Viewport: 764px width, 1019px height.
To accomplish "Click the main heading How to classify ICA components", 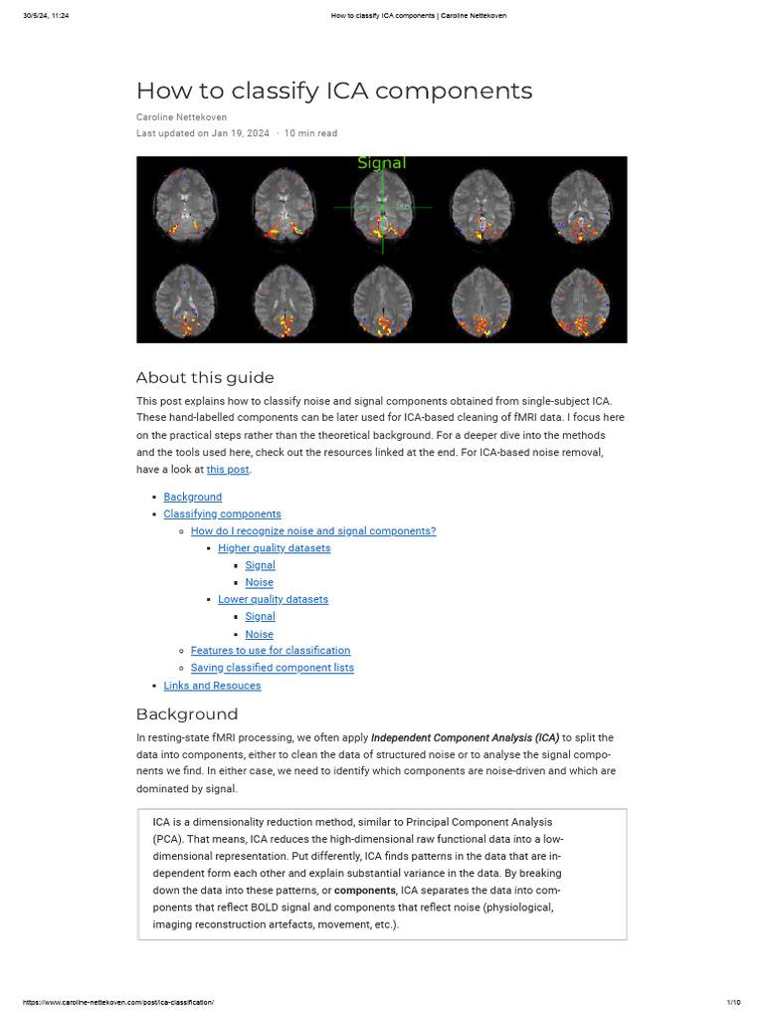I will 333,91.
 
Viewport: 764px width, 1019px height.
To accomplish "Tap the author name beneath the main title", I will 181,117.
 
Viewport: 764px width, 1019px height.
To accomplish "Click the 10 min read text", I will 310,133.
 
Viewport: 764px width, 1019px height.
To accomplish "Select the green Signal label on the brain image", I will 382,163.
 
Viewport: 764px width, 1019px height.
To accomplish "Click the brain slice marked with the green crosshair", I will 382,207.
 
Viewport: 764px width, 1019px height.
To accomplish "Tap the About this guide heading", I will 204,377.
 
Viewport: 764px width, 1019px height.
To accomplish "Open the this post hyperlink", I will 228,470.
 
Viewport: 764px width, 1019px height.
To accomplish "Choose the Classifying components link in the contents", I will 222,514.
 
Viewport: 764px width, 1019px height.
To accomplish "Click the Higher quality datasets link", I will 275,548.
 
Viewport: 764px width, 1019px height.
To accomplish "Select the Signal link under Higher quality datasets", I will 261,565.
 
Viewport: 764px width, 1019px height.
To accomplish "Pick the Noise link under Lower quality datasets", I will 260,634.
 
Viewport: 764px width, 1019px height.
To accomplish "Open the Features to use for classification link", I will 271,651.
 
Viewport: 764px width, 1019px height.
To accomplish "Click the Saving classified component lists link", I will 272,668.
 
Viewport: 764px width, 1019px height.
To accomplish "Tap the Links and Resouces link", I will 212,686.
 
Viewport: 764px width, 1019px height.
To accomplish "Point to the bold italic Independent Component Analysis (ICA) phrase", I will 465,738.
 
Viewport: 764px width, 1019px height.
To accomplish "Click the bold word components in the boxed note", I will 364,890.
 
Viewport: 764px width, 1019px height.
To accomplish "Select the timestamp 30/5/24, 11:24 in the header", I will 46,16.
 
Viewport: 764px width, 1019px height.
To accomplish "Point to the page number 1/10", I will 733,1002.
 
